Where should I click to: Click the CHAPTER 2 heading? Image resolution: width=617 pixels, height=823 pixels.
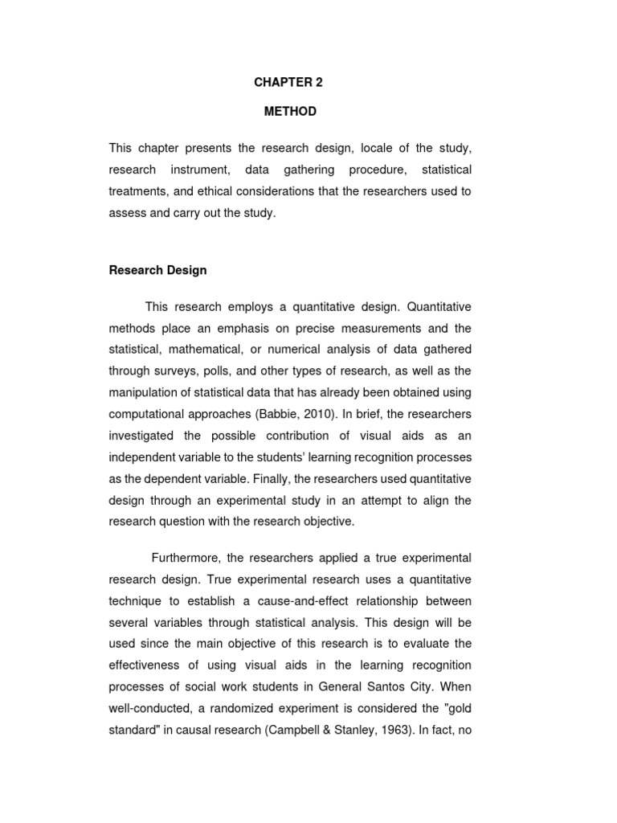point(288,82)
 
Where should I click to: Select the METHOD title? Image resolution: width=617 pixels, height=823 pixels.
point(290,112)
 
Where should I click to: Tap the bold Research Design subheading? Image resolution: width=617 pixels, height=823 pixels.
point(157,270)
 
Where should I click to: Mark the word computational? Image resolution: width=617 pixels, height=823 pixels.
point(145,413)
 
